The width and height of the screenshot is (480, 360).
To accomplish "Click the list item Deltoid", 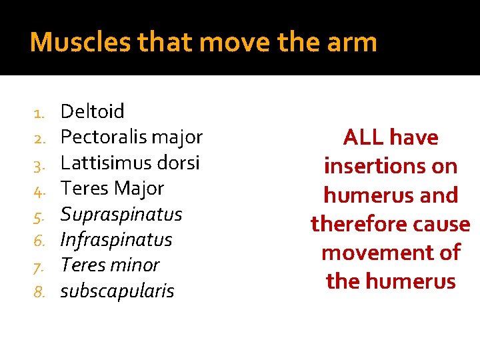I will coord(93,111).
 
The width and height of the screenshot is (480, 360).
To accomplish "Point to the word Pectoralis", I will coord(103,137).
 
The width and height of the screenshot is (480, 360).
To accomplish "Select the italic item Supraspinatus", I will coord(121,215).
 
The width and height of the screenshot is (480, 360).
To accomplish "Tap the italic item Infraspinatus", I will coord(116,240).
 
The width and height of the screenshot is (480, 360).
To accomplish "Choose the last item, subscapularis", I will coord(117,291).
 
